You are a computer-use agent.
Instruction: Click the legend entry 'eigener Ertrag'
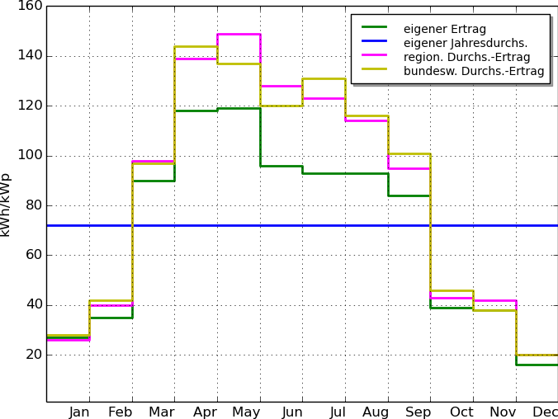click(x=444, y=29)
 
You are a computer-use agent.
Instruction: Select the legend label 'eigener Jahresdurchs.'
click(x=466, y=43)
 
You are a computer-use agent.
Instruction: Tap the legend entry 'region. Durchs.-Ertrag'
click(x=467, y=57)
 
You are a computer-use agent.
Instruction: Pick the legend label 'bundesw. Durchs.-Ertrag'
click(x=474, y=71)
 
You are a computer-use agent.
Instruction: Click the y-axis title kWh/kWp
click(x=6, y=205)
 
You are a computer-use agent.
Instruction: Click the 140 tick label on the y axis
click(x=30, y=56)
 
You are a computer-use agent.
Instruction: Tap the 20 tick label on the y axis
click(x=34, y=355)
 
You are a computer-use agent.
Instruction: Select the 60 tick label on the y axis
click(x=34, y=255)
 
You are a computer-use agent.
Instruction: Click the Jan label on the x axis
click(x=79, y=412)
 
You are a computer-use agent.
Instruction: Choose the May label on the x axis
click(x=246, y=412)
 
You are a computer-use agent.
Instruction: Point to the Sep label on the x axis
click(x=418, y=412)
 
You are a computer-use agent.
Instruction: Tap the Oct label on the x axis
click(x=461, y=412)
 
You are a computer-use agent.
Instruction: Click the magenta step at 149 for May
click(x=239, y=34)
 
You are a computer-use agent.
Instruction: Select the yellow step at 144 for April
click(x=196, y=46)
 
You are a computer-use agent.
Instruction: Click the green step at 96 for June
click(x=281, y=166)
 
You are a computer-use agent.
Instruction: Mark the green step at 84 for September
click(x=409, y=195)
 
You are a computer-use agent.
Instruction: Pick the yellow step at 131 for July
click(x=324, y=78)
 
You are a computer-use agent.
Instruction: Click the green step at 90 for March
click(x=154, y=181)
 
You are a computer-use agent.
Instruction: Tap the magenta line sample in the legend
click(x=375, y=54)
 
